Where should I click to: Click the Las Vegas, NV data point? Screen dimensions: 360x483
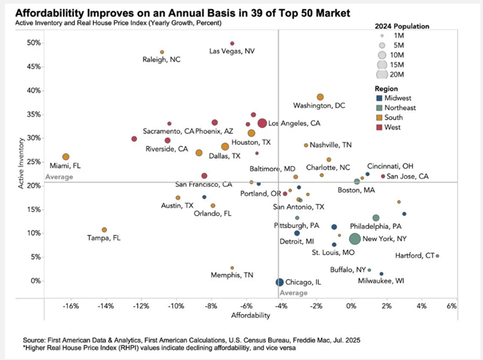click(232, 43)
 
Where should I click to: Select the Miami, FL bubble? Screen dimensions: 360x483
click(66, 157)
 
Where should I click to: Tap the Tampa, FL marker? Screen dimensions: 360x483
click(104, 230)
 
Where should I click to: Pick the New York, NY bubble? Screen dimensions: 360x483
click(355, 239)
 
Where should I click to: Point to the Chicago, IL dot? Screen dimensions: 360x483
click(280, 282)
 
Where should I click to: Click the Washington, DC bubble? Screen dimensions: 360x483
click(320, 97)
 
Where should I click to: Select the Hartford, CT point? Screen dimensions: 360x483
click(437, 256)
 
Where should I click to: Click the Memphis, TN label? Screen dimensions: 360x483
click(232, 274)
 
